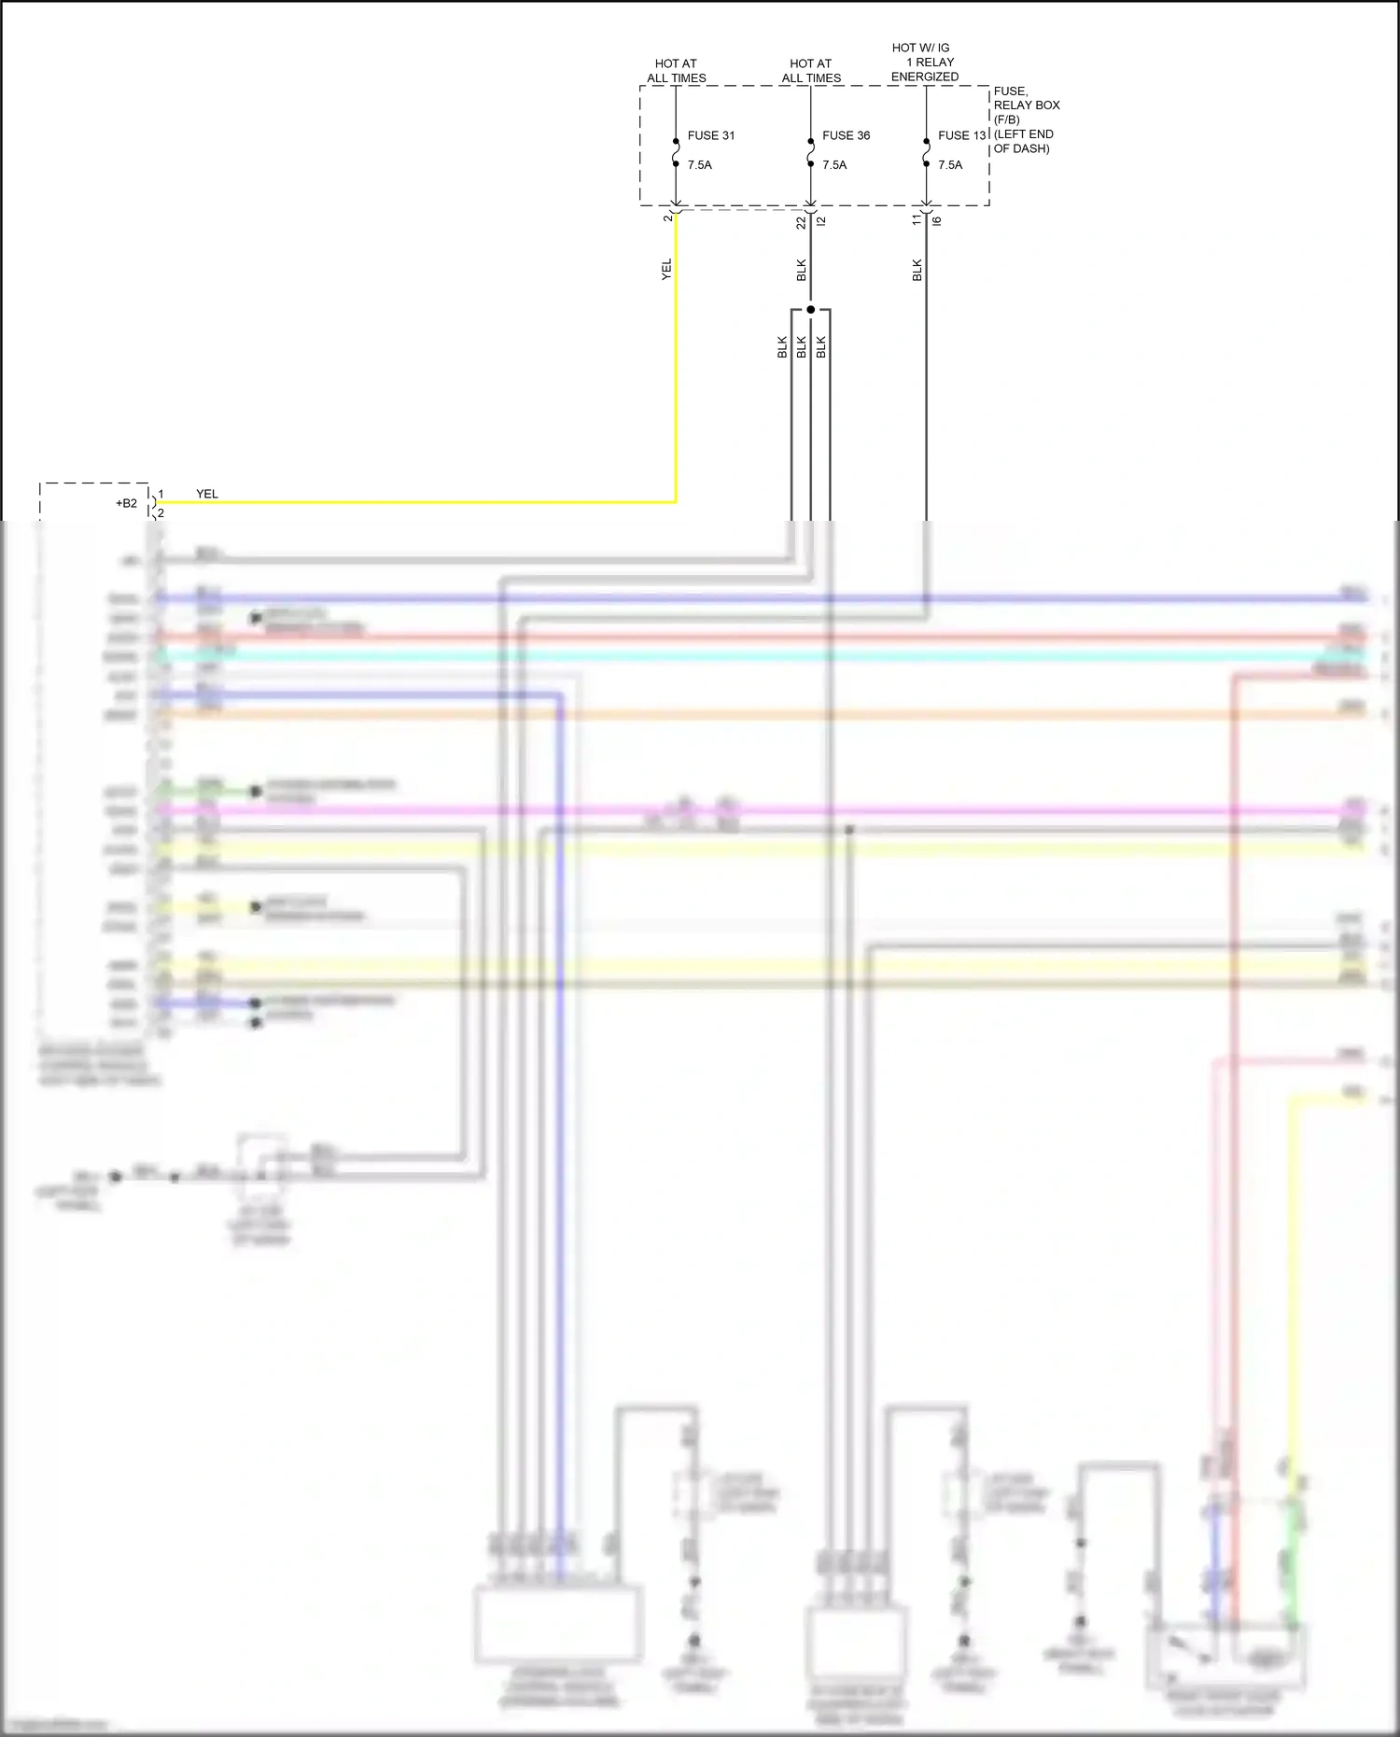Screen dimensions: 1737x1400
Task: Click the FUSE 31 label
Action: [710, 135]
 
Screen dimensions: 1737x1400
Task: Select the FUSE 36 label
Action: [846, 135]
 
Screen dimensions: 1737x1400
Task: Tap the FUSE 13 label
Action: [961, 135]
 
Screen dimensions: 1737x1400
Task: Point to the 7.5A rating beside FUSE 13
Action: [950, 165]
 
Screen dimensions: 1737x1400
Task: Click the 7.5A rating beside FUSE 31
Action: [699, 165]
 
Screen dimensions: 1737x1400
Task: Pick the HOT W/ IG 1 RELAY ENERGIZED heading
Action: [924, 62]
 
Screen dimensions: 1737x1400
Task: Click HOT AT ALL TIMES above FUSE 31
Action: [677, 71]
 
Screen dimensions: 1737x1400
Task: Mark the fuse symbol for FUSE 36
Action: [810, 153]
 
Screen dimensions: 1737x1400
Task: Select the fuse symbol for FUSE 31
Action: [676, 153]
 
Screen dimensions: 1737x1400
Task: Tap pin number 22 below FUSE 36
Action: [801, 222]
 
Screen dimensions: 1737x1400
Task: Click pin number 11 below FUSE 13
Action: [917, 220]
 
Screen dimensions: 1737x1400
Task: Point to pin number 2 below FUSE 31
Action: [667, 217]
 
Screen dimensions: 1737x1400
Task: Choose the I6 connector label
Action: [936, 220]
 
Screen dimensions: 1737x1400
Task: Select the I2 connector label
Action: [820, 220]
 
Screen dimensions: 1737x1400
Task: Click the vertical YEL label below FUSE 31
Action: [666, 270]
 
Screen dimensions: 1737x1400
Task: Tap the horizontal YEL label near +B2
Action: [207, 494]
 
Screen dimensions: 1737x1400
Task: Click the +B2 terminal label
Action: [126, 503]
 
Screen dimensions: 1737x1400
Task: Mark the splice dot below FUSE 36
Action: [810, 309]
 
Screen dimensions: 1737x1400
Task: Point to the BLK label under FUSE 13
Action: [917, 270]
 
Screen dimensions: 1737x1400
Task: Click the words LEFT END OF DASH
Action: [1023, 141]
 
